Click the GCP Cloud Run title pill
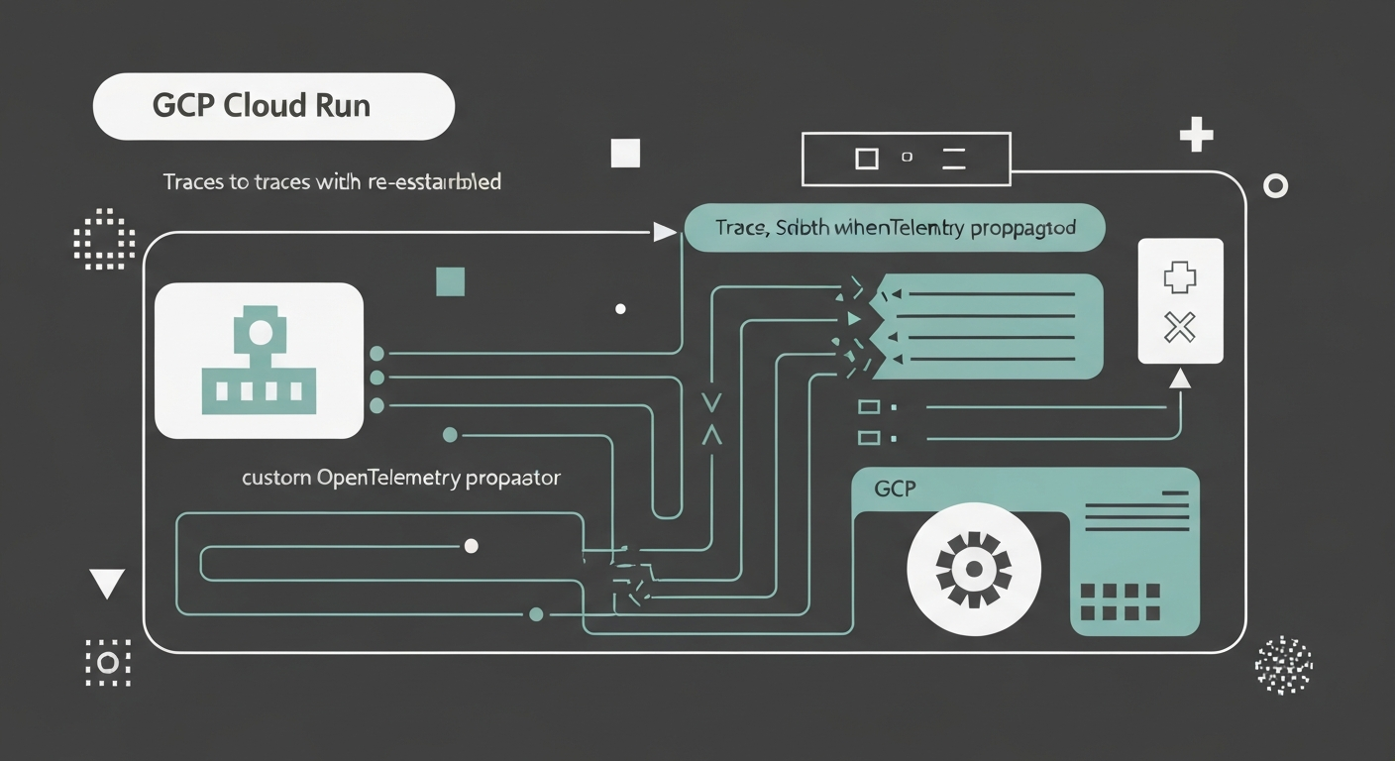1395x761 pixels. click(x=273, y=106)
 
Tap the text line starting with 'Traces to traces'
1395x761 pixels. click(x=332, y=182)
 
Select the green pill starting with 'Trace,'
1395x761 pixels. click(x=894, y=228)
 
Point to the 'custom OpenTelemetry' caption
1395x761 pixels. click(x=401, y=478)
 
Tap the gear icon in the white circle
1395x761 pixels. click(x=974, y=568)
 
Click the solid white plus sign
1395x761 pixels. click(x=1197, y=134)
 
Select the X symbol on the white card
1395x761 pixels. click(x=1180, y=326)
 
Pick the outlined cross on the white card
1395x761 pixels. click(x=1180, y=278)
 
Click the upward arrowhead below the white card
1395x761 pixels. click(x=1179, y=379)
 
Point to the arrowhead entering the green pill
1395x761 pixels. click(x=665, y=233)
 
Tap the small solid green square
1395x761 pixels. click(x=451, y=281)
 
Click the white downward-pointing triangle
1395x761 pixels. click(x=106, y=584)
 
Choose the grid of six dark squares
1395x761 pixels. click(x=1119, y=601)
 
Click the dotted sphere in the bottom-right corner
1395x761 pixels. click(x=1283, y=664)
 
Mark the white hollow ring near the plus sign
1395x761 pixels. click(x=1276, y=185)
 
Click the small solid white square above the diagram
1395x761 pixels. click(x=625, y=154)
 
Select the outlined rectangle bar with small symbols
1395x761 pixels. click(x=907, y=159)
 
